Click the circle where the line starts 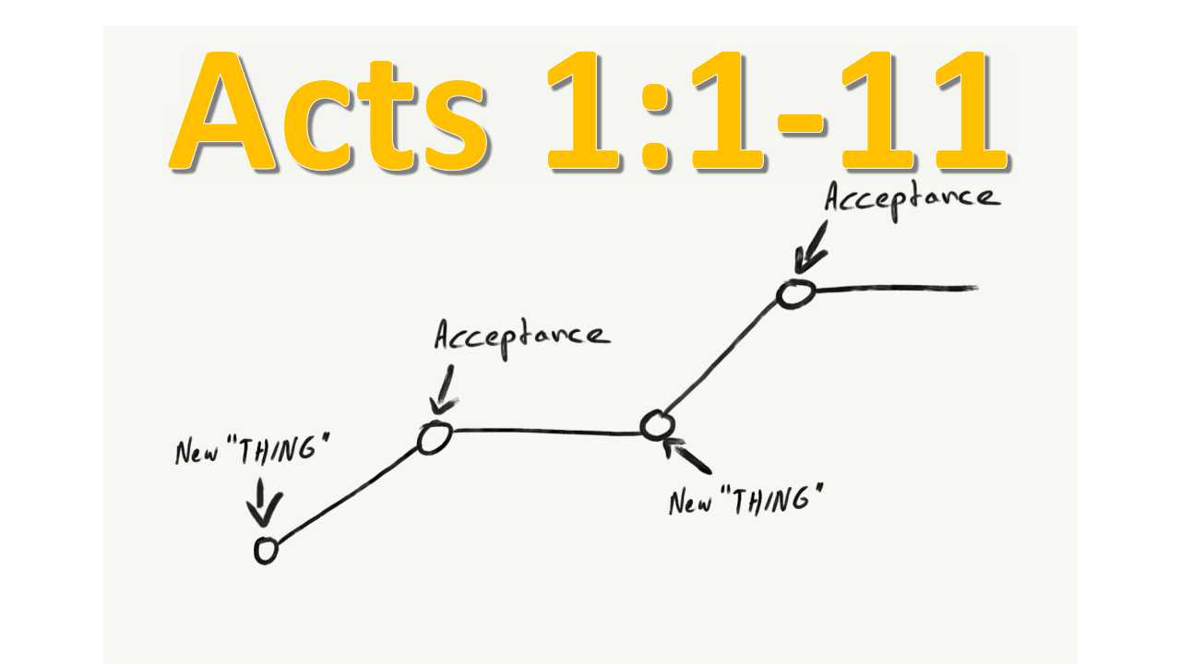(266, 551)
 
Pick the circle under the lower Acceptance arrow (434, 438)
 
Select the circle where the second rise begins (656, 425)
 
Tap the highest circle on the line (793, 294)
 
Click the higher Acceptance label (911, 198)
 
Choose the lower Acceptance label (521, 335)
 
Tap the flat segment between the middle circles (544, 430)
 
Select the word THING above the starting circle (287, 452)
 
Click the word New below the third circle (689, 503)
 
